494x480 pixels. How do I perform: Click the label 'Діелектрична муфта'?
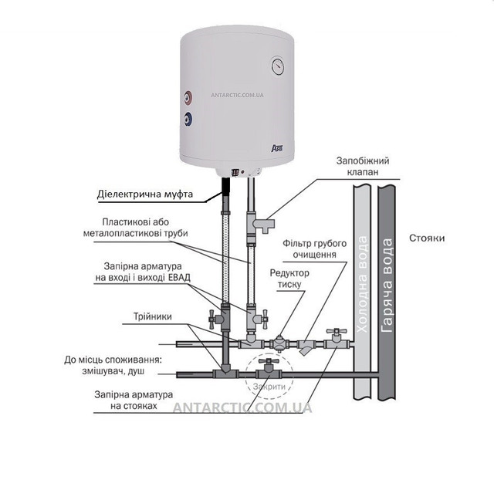pos(145,194)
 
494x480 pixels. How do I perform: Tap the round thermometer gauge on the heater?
pos(278,66)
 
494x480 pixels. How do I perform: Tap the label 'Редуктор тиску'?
pos(289,279)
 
